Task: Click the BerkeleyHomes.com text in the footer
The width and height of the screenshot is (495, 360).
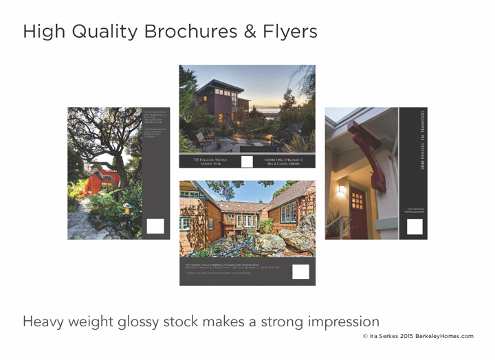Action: (443, 336)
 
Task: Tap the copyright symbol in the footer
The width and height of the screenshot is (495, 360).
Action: (366, 336)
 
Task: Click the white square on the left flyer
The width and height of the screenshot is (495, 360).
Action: (155, 226)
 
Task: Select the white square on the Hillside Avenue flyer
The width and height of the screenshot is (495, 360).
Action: (247, 162)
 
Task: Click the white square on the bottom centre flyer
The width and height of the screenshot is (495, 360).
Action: (300, 271)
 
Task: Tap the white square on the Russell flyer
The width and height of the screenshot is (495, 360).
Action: (415, 227)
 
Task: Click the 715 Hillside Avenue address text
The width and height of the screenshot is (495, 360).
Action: (206, 161)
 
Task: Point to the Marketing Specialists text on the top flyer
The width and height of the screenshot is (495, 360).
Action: (285, 161)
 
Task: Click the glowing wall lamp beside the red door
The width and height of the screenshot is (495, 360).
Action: (342, 188)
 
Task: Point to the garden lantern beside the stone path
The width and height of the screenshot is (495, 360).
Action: (126, 209)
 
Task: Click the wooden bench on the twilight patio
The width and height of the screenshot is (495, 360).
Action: (203, 139)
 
